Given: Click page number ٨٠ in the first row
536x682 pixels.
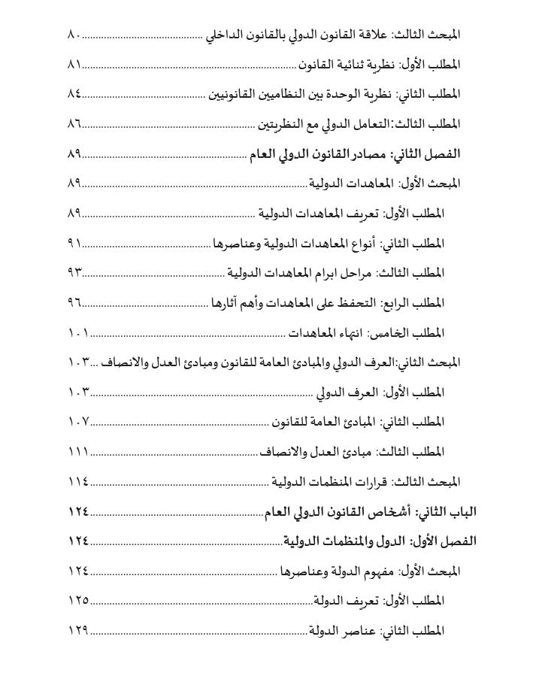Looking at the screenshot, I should [x=74, y=35].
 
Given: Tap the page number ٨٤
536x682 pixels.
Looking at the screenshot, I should [x=74, y=94].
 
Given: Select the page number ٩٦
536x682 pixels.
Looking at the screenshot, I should [x=74, y=303].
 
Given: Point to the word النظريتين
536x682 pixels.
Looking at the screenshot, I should [x=279, y=124].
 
